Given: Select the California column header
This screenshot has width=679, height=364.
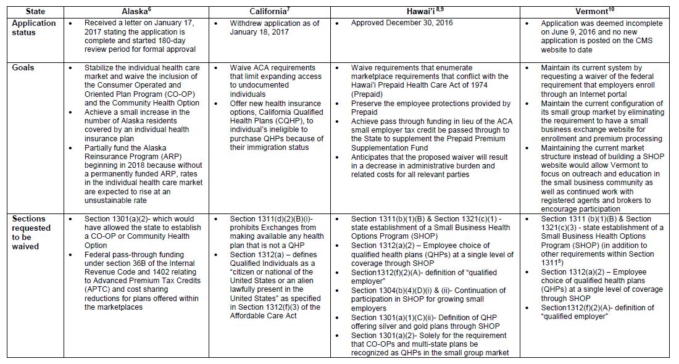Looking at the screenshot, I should coord(269,11).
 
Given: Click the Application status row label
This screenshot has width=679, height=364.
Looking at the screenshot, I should coord(35,28).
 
